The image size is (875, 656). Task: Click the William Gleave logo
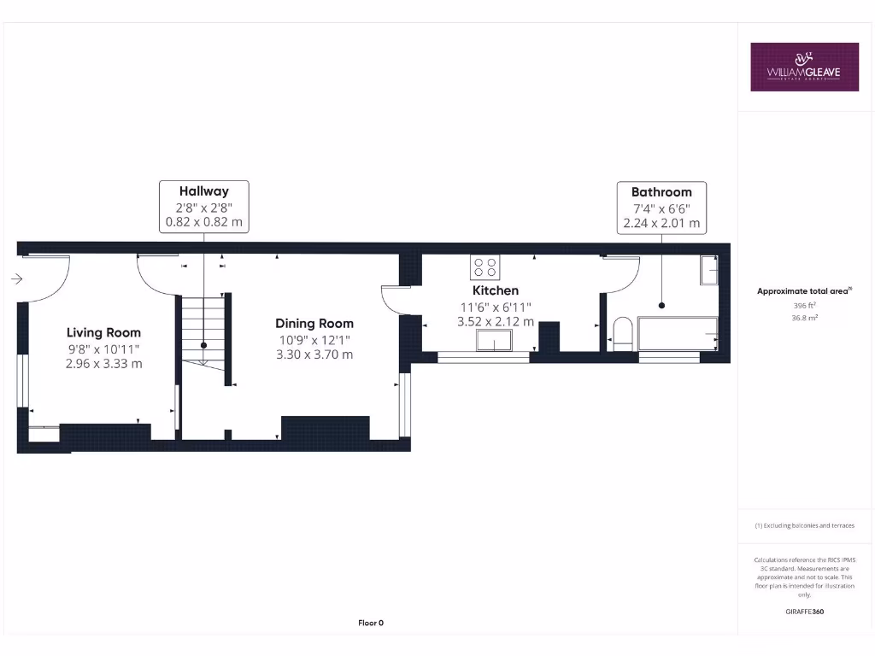804,67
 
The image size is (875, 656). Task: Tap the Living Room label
103,332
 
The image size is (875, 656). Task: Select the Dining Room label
314,324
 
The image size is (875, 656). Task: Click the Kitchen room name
496,290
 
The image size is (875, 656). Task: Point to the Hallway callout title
203,191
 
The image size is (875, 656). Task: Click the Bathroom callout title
661,192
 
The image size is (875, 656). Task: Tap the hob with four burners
485,267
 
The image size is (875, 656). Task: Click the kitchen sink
494,342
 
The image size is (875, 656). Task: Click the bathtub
677,333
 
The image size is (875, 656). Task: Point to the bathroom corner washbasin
709,270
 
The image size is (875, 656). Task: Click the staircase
203,330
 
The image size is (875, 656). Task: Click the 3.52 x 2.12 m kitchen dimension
496,322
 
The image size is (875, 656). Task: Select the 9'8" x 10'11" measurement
103,348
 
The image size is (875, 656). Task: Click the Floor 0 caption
370,623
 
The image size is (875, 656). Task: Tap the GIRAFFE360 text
803,612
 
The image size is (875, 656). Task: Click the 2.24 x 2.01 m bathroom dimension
661,223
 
